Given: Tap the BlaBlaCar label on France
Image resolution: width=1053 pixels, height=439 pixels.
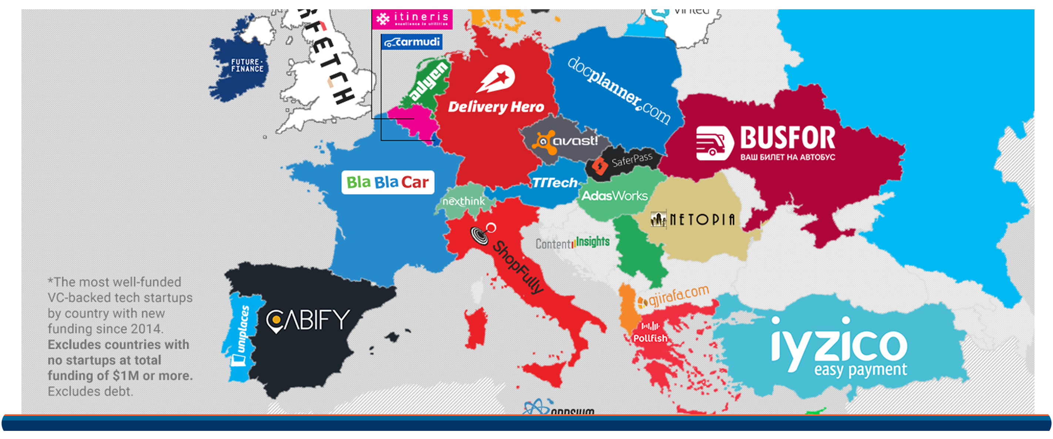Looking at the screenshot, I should click(387, 182).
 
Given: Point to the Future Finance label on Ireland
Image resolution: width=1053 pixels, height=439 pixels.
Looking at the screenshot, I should click(247, 66).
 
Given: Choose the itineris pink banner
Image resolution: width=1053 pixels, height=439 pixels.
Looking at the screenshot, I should click(412, 19).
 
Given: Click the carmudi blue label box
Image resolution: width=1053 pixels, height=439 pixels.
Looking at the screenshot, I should click(412, 42).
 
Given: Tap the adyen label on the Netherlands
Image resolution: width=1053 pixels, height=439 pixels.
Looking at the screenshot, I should click(428, 82).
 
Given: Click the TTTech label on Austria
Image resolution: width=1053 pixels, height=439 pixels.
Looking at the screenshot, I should click(554, 183).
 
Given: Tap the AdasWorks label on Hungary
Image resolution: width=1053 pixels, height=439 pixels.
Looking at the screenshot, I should click(615, 196).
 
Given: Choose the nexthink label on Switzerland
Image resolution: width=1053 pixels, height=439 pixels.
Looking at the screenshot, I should click(464, 202).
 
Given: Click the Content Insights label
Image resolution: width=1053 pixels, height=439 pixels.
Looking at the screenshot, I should click(572, 243).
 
